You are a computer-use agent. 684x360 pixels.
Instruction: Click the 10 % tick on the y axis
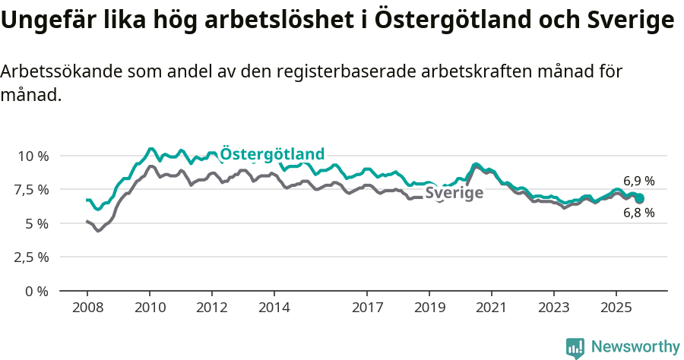pos(32,156)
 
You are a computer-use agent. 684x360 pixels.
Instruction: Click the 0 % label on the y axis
pos(36,291)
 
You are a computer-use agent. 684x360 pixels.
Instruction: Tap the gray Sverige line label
pos(454,193)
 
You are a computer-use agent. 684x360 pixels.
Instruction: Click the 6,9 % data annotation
pos(638,181)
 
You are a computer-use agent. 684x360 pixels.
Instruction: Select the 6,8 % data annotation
pos(638,213)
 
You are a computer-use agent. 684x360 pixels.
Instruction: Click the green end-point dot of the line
pos(639,198)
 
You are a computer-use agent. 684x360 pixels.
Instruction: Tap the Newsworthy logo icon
pos(575,347)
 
